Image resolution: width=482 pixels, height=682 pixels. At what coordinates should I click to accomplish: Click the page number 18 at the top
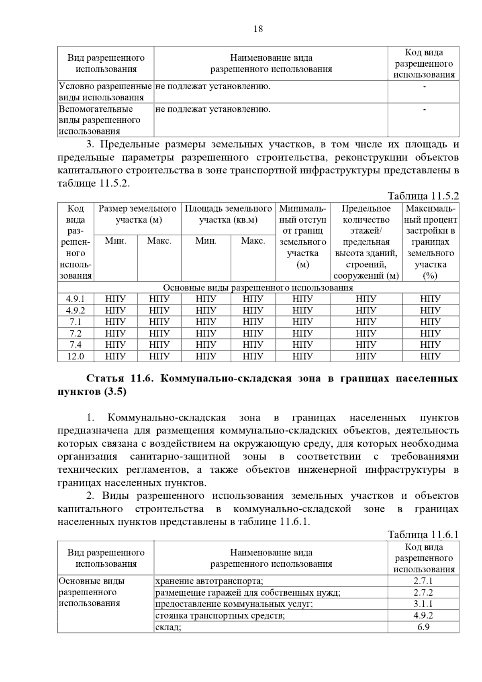(258, 29)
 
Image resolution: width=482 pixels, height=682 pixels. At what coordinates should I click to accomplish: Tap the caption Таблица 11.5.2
(423, 196)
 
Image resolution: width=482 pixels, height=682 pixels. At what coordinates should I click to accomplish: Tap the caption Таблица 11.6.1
(423, 535)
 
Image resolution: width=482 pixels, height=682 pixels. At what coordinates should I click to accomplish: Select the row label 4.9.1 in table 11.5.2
(76, 299)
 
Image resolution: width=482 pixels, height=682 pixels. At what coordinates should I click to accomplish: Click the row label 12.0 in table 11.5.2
(76, 356)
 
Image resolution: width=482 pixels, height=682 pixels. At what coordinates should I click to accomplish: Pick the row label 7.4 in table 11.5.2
(76, 345)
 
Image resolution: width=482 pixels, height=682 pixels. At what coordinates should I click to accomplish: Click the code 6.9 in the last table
(424, 627)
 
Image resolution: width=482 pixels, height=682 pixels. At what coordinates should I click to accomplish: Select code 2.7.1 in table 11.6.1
(424, 581)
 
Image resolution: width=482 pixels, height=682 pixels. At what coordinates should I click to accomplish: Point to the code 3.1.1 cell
(424, 604)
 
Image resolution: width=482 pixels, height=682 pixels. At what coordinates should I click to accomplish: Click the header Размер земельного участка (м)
(137, 214)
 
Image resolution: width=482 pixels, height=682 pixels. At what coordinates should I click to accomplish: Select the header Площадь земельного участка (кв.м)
(228, 214)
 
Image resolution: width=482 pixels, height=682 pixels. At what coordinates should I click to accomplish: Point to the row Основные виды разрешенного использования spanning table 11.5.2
(258, 288)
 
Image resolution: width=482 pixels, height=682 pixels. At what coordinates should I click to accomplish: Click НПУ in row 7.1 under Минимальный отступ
(302, 322)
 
